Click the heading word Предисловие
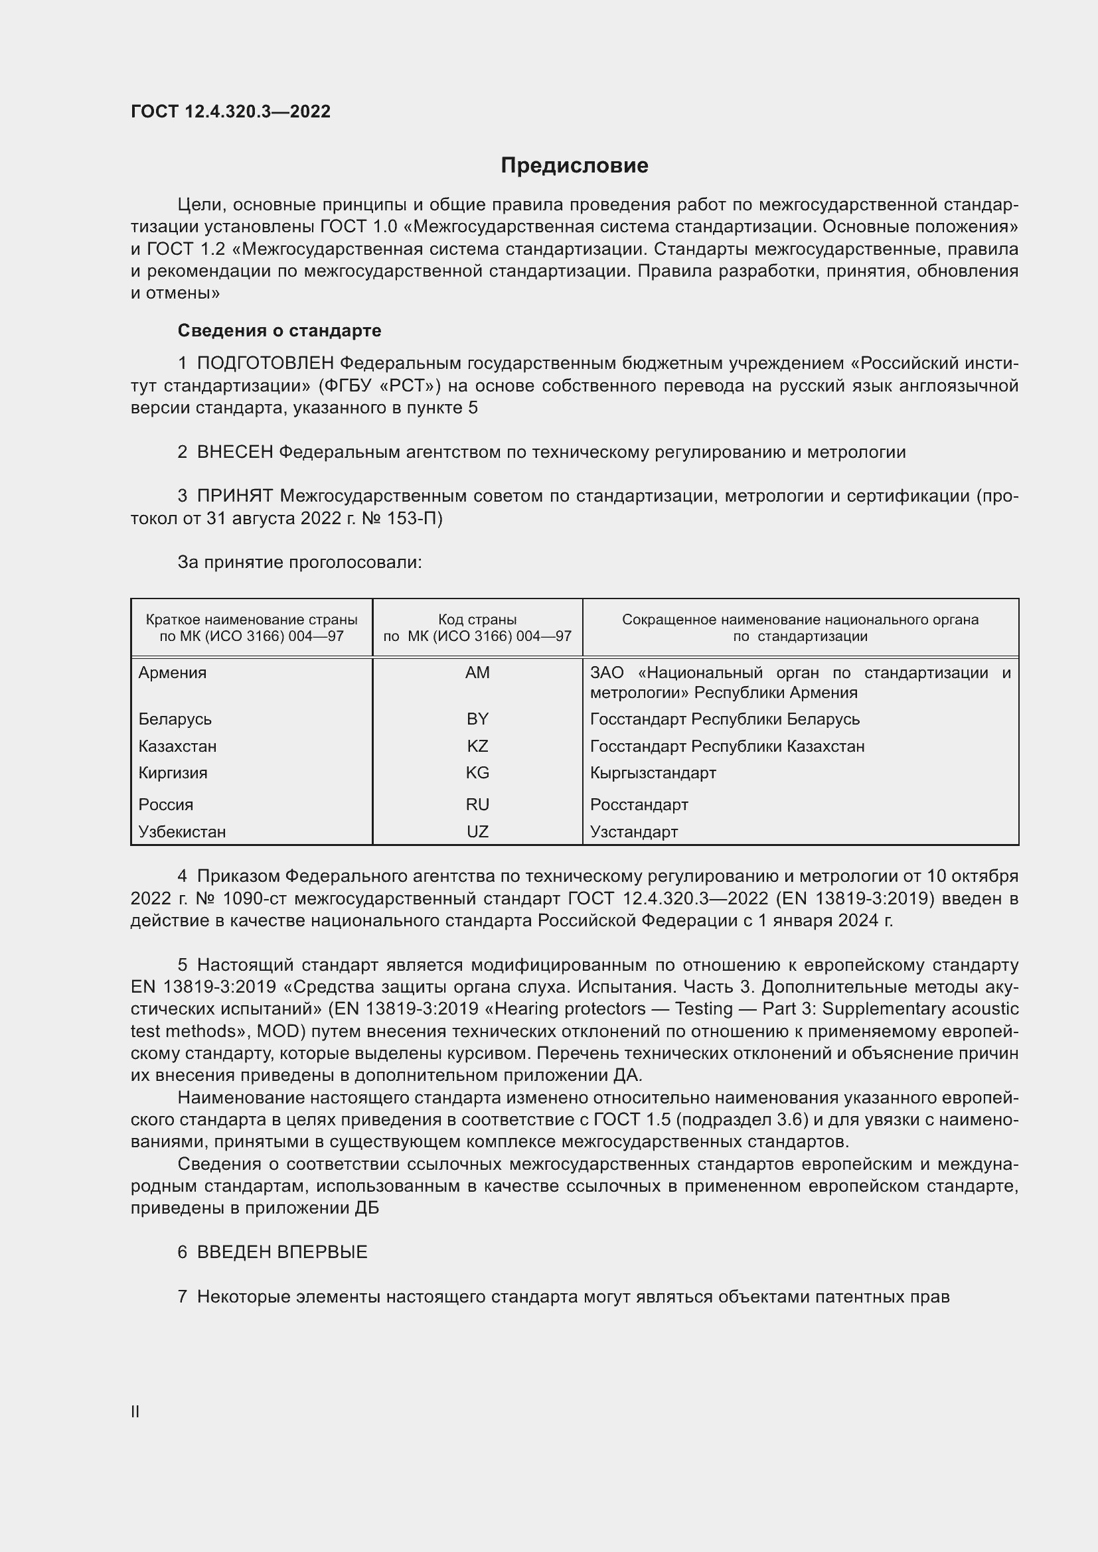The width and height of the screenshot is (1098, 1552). pos(574,166)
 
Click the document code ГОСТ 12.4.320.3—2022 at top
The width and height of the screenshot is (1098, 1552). pos(230,112)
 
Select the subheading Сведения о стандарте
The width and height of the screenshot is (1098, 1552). pos(279,330)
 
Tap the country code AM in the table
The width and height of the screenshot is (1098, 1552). pos(477,673)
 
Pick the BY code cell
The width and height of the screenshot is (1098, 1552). pos(477,719)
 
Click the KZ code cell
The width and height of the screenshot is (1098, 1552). pos(477,746)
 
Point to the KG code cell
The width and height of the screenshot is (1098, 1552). pos(477,772)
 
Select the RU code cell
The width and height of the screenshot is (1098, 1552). pos(477,804)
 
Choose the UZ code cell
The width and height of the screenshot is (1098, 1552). pos(477,831)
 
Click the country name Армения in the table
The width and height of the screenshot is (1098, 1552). pos(173,673)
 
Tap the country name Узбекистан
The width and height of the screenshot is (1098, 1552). pos(182,831)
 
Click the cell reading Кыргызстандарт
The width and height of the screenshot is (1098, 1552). pos(653,772)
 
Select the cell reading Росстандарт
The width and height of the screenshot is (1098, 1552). pos(639,804)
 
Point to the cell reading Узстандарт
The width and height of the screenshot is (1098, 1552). pos(633,831)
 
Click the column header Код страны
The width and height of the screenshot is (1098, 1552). pos(477,620)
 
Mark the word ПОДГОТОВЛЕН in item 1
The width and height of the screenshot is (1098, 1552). pos(265,364)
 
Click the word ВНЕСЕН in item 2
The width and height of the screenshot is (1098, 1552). pos(234,453)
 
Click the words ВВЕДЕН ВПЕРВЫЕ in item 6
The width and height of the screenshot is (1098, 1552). pos(282,1252)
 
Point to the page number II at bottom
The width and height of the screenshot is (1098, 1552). pos(135,1412)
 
